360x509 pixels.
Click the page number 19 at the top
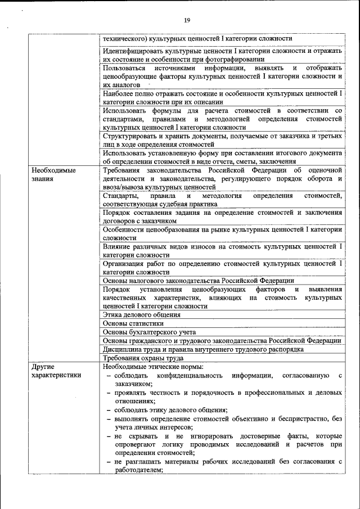(187, 21)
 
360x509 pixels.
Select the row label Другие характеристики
(56, 371)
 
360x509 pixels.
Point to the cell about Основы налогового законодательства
(198, 281)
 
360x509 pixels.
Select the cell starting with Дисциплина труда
(203, 349)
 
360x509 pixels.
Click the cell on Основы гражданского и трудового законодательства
(222, 340)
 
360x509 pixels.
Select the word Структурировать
(130, 136)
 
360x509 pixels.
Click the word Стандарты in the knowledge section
(120, 195)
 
